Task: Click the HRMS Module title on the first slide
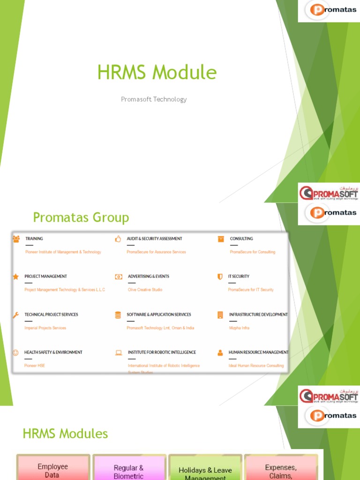157,73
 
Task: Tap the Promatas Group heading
81,217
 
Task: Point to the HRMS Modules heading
65,434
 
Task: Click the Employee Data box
52,470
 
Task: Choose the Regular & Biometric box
129,471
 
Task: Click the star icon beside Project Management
16,277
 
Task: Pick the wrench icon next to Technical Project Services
16,315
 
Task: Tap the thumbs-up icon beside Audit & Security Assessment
118,239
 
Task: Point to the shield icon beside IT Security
220,277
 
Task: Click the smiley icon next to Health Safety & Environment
16,352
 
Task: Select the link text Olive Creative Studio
145,290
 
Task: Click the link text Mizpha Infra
239,328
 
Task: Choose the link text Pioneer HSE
35,366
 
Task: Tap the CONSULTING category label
241,239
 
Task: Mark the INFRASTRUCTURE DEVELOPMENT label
258,315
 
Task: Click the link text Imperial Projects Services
45,328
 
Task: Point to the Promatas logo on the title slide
329,11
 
